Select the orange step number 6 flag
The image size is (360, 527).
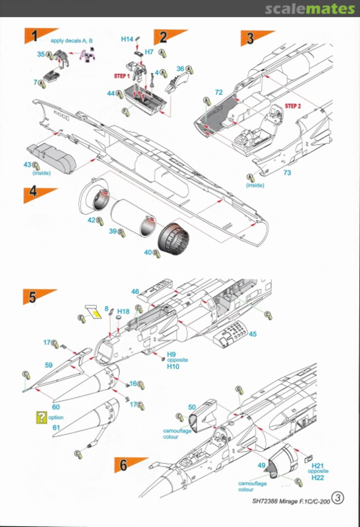coord(126,465)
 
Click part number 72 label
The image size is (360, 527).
coord(219,92)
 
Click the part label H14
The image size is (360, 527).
coord(127,39)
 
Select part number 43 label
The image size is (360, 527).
coord(27,165)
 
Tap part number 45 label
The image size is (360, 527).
coord(252,334)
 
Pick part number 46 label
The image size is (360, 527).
coord(135,291)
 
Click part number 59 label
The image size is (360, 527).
coord(48,365)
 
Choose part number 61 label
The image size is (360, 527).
coord(56,427)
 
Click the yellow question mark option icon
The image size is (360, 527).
coord(42,417)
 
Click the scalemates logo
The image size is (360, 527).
coord(310,9)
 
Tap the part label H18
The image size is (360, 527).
coord(123,311)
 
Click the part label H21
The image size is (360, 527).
coord(318,466)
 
